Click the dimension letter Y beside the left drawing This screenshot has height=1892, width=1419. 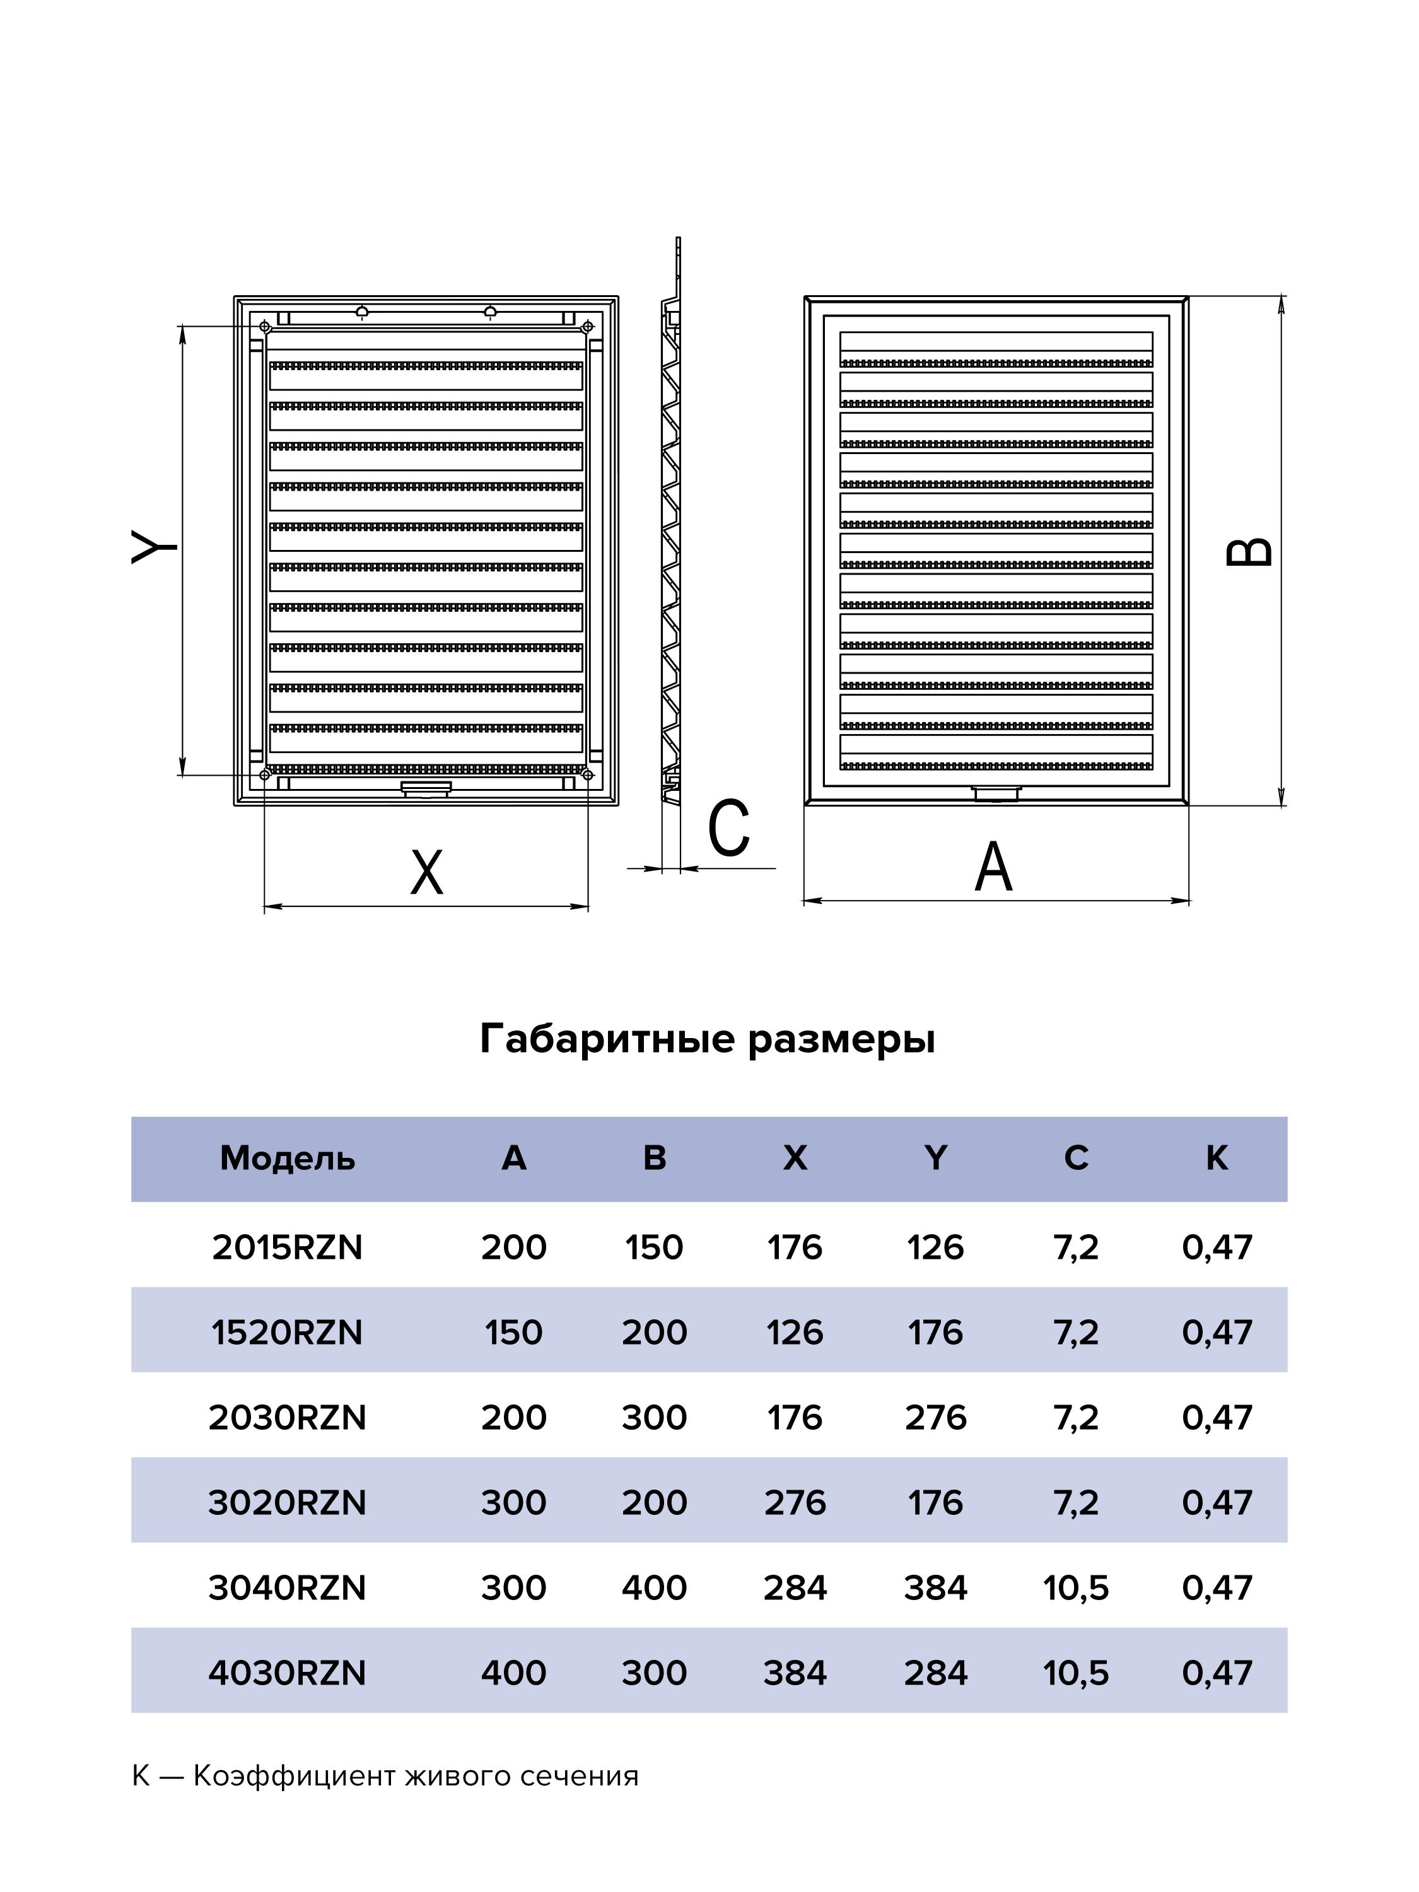click(x=154, y=547)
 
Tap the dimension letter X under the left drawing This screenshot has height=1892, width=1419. click(x=427, y=872)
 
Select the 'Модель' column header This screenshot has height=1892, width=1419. click(x=288, y=1158)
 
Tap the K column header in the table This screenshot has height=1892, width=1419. click(x=1217, y=1158)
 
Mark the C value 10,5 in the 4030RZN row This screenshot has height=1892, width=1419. click(x=1075, y=1673)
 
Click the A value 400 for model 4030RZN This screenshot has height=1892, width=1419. click(x=513, y=1673)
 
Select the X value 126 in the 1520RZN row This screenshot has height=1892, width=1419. click(x=795, y=1333)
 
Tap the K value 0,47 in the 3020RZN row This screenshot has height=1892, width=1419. click(x=1217, y=1503)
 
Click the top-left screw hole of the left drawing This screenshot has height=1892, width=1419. click(x=265, y=327)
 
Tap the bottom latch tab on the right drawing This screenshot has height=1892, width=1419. click(x=996, y=793)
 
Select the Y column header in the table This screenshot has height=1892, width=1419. click(x=936, y=1158)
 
